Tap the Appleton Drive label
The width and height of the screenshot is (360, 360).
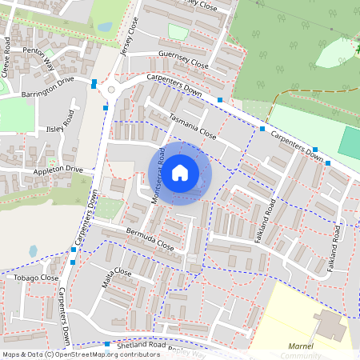(58, 170)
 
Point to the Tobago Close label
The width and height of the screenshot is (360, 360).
(36, 278)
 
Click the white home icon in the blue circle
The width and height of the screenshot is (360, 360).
(180, 173)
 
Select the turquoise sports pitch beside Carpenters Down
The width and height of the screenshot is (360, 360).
(350, 142)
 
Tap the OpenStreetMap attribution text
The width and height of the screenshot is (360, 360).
(80, 354)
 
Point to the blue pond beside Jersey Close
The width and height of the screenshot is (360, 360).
(105, 26)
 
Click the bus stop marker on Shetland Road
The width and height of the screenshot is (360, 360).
(106, 345)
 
